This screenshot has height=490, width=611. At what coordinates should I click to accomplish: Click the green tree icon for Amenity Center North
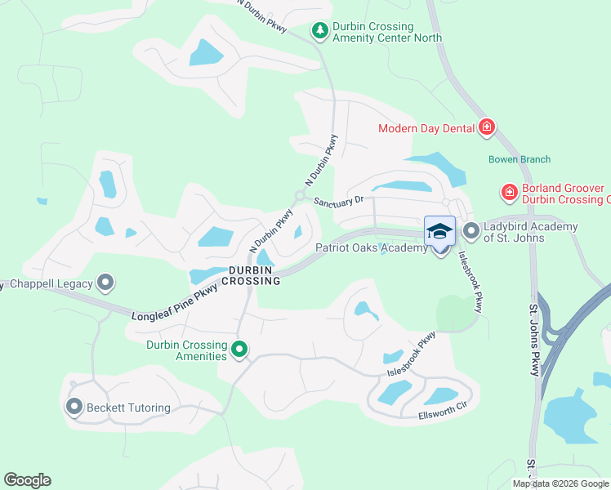pyautogui.click(x=320, y=31)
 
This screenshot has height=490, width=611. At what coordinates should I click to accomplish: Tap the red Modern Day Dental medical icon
pyautogui.click(x=487, y=127)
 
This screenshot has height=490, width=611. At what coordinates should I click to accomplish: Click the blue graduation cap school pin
pyautogui.click(x=439, y=232)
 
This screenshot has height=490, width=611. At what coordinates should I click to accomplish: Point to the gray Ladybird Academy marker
pyautogui.click(x=471, y=231)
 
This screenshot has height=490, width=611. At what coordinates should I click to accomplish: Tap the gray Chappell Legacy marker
pyautogui.click(x=105, y=283)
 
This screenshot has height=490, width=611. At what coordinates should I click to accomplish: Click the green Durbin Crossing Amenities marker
pyautogui.click(x=239, y=350)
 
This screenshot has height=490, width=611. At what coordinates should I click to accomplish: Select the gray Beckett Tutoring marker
pyautogui.click(x=74, y=407)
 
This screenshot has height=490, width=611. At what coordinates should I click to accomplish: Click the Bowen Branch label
pyautogui.click(x=520, y=159)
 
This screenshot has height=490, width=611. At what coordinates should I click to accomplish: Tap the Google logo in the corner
pyautogui.click(x=27, y=480)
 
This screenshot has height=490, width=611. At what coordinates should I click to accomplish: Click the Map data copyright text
pyautogui.click(x=561, y=483)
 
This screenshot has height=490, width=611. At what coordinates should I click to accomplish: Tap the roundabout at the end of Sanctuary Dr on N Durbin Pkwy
pyautogui.click(x=300, y=196)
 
